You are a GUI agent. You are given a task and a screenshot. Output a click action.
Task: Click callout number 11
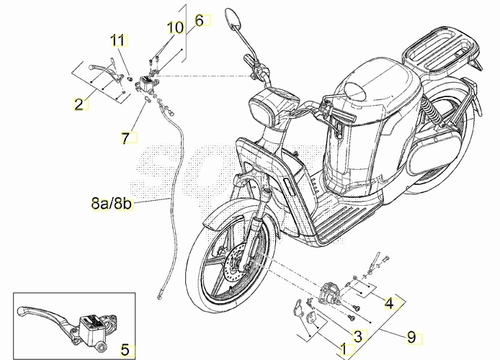click(x=117, y=40)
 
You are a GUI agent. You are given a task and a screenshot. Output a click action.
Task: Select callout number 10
click(x=176, y=27)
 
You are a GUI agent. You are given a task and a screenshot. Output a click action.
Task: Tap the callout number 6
click(x=199, y=21)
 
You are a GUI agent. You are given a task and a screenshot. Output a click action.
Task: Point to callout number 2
click(x=79, y=104)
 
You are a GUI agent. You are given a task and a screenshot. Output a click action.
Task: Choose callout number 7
click(x=125, y=138)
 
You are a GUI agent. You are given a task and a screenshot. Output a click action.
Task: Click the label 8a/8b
click(x=111, y=203)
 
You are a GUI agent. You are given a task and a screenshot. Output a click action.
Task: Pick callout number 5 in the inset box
click(x=125, y=350)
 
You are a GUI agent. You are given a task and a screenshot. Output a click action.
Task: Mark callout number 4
click(x=389, y=304)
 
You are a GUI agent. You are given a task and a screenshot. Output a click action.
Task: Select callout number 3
click(x=358, y=336)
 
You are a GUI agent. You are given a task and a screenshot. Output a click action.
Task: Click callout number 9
click(x=411, y=337)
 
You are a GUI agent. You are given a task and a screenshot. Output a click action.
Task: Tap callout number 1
click(x=344, y=349)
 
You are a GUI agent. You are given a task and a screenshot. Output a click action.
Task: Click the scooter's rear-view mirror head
click(x=233, y=17)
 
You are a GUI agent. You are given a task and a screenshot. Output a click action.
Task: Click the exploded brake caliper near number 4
click(x=331, y=292)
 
